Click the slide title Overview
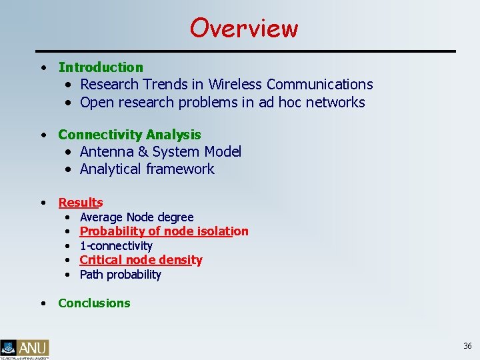[x=244, y=28]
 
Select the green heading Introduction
[x=101, y=67]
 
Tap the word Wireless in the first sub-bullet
[x=235, y=85]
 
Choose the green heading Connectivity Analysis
[x=129, y=135]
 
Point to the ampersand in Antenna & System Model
[x=143, y=152]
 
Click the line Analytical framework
[x=147, y=169]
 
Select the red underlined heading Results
[x=81, y=203]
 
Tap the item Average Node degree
[x=137, y=217]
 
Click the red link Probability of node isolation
[x=164, y=231]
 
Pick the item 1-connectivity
[x=116, y=246]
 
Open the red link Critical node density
[x=141, y=260]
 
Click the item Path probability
[x=121, y=275]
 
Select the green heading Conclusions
[x=94, y=303]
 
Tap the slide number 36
[x=467, y=345]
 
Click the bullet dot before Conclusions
[x=43, y=303]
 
